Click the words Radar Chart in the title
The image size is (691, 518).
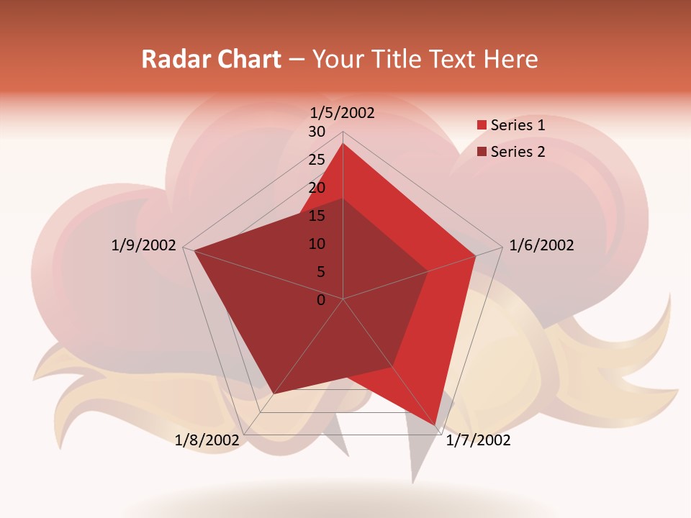click(x=211, y=59)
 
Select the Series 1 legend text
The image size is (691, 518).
click(x=518, y=125)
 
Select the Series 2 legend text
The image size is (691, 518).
click(x=518, y=152)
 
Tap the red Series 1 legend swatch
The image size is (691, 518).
click(x=482, y=125)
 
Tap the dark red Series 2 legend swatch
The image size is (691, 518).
click(x=482, y=152)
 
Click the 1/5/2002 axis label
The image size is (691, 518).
click(x=343, y=112)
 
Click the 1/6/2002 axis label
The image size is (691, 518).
click(x=541, y=245)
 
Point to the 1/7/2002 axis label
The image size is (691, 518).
click(x=478, y=440)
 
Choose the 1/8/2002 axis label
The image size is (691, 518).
click(x=207, y=440)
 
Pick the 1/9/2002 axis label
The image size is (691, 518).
click(x=144, y=245)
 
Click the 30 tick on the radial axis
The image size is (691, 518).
click(x=317, y=132)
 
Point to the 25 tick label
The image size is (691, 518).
click(x=317, y=160)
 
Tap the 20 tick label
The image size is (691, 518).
click(x=317, y=188)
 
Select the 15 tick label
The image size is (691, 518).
click(x=317, y=216)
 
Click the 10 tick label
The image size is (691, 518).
click(x=317, y=244)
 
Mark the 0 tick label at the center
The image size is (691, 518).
click(x=321, y=300)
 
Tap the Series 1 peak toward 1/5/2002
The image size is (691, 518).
click(x=343, y=143)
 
